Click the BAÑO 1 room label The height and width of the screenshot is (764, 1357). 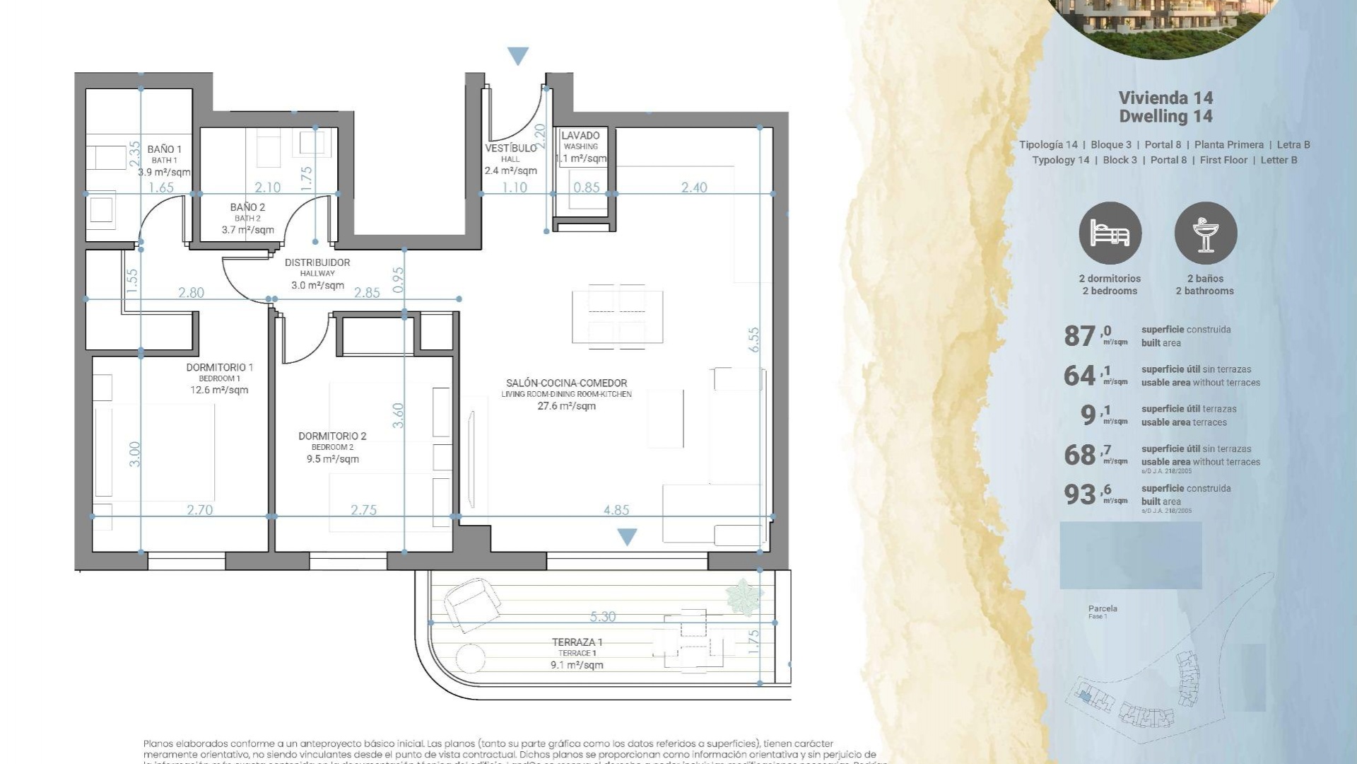pyautogui.click(x=164, y=149)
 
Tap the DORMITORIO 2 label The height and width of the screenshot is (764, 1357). pyautogui.click(x=332, y=436)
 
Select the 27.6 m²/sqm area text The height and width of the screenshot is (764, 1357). pyautogui.click(x=566, y=406)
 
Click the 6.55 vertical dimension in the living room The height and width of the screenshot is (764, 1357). pyautogui.click(x=754, y=340)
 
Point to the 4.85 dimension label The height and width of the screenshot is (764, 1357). pyautogui.click(x=616, y=509)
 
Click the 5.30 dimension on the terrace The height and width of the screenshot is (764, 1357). pyautogui.click(x=602, y=616)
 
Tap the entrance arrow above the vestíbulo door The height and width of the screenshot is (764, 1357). pyautogui.click(x=518, y=56)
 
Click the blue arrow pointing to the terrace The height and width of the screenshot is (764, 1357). pyautogui.click(x=627, y=537)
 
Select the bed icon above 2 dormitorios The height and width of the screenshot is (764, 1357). pyautogui.click(x=1110, y=233)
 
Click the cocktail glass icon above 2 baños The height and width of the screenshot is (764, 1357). pyautogui.click(x=1205, y=233)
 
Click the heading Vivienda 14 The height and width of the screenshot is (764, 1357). pyautogui.click(x=1165, y=98)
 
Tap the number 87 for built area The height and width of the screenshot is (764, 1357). pyautogui.click(x=1079, y=336)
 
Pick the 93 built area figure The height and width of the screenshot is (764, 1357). pyautogui.click(x=1079, y=494)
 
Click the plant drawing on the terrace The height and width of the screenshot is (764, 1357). pyautogui.click(x=744, y=596)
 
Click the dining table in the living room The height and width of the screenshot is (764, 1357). pyautogui.click(x=617, y=316)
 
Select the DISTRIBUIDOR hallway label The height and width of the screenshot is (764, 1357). pyautogui.click(x=317, y=262)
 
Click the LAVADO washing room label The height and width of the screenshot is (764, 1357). pyautogui.click(x=580, y=136)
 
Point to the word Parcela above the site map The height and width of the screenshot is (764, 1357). pyautogui.click(x=1103, y=608)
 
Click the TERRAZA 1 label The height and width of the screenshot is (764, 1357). pyautogui.click(x=577, y=642)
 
